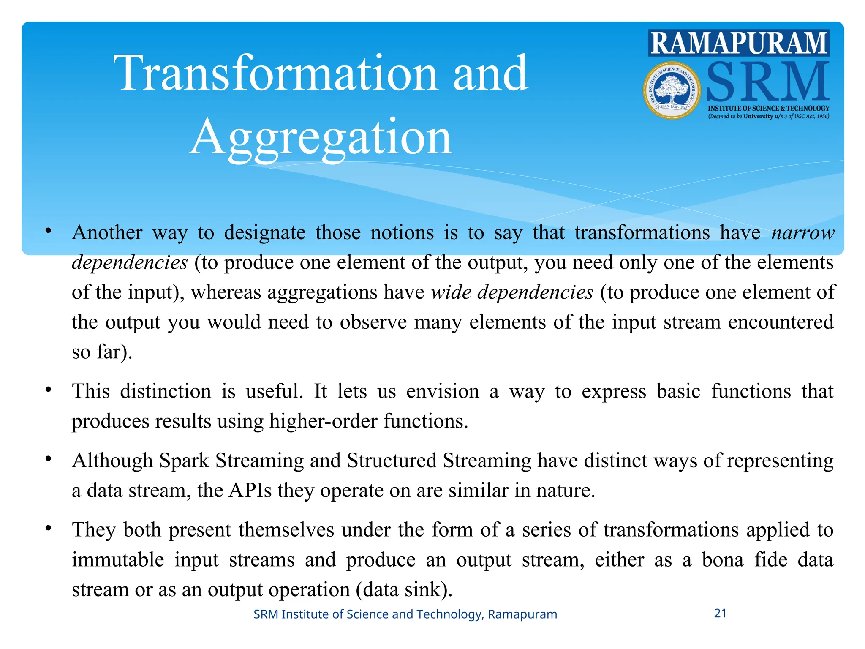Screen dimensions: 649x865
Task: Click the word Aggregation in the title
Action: coord(321,138)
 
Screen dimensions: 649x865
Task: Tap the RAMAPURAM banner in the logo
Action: coord(738,43)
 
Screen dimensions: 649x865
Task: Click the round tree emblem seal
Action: coord(672,90)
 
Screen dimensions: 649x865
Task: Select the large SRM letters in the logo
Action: coord(767,82)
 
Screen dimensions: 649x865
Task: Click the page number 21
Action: coord(720,613)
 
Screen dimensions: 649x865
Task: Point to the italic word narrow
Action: coord(802,233)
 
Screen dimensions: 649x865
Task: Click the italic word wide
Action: coord(451,292)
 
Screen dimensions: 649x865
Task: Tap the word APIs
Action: coord(250,491)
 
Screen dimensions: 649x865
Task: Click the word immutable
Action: coord(118,560)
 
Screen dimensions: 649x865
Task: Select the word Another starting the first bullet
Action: coord(107,233)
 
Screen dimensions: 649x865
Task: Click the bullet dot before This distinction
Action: coord(49,389)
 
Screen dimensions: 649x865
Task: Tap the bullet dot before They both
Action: coord(49,528)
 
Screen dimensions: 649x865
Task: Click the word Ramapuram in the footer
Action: coord(522,614)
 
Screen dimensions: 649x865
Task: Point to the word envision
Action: coord(443,391)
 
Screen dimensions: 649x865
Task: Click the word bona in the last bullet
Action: coord(722,560)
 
